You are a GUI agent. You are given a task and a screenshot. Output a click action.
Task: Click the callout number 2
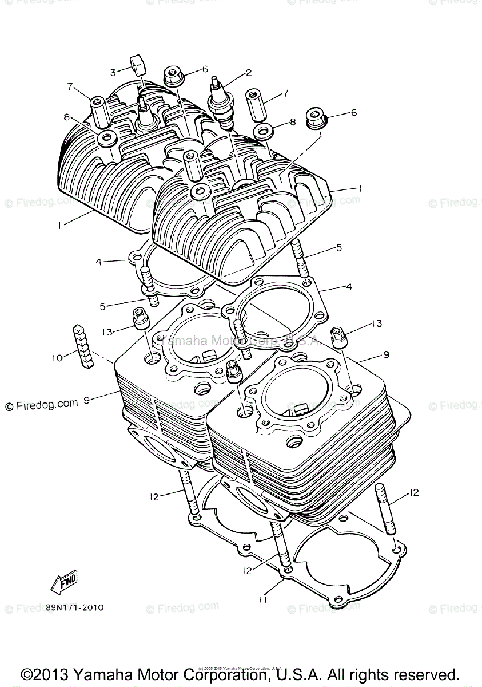(248, 73)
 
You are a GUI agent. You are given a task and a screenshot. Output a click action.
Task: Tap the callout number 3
(113, 72)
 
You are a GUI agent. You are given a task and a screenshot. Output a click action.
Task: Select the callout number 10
(57, 358)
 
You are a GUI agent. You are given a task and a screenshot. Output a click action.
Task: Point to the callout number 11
(262, 599)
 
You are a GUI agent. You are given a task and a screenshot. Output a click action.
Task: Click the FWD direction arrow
(63, 582)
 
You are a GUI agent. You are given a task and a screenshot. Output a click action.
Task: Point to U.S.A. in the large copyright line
(297, 673)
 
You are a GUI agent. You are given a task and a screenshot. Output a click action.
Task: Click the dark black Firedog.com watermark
(41, 405)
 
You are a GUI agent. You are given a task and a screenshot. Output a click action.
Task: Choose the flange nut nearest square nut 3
(172, 74)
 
